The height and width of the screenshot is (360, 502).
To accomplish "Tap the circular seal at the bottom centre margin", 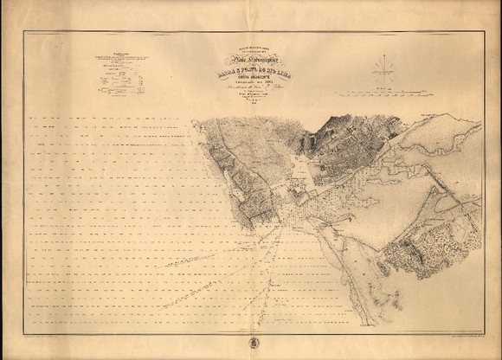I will [251, 338].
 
